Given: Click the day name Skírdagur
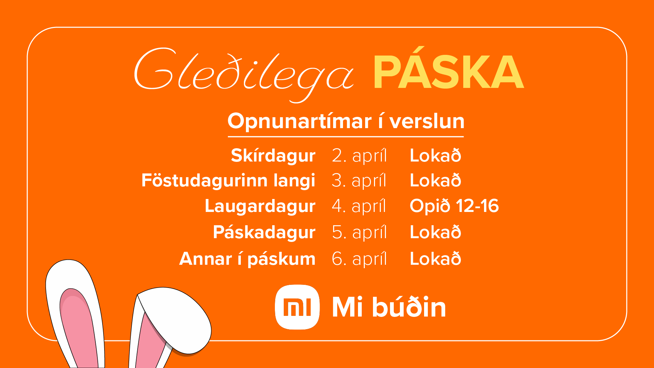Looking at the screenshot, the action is click(273, 156).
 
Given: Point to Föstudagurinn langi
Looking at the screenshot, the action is click(228, 181).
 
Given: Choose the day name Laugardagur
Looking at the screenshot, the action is click(260, 206).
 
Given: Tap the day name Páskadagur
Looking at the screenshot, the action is click(264, 233).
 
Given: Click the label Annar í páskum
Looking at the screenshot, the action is click(247, 259).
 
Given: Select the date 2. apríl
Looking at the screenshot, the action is click(359, 156).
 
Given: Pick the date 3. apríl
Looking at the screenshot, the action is click(359, 181).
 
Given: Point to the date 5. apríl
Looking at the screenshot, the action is click(359, 233).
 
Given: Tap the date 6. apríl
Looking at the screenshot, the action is click(359, 259).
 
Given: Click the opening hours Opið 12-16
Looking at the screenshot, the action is click(454, 206).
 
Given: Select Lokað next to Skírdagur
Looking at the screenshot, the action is click(435, 155).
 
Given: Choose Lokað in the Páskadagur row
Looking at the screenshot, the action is click(435, 232).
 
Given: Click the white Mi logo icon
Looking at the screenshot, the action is click(297, 307).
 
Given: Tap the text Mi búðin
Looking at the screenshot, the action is click(389, 307).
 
